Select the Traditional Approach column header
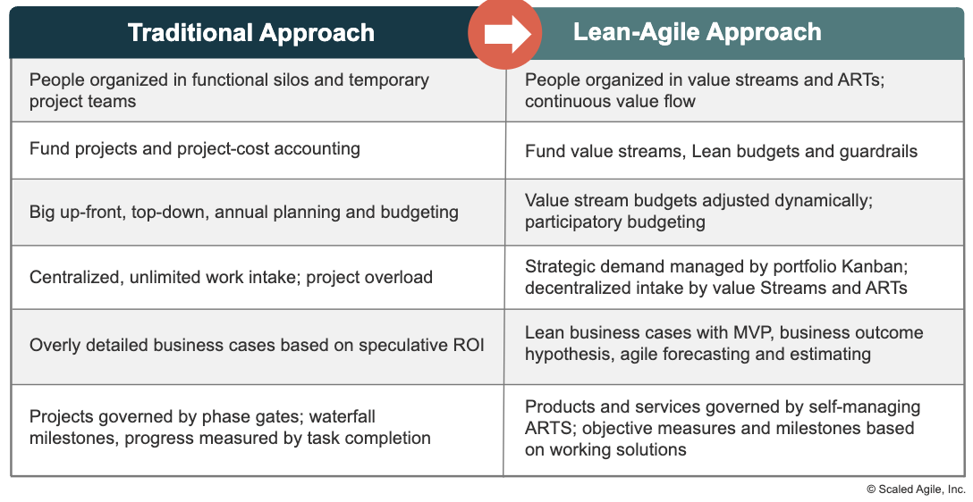[251, 33]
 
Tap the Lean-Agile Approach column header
[697, 32]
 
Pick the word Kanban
[874, 266]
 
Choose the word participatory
[568, 222]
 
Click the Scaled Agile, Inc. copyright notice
[916, 489]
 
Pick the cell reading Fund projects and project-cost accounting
[258, 150]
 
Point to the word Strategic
[560, 267]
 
